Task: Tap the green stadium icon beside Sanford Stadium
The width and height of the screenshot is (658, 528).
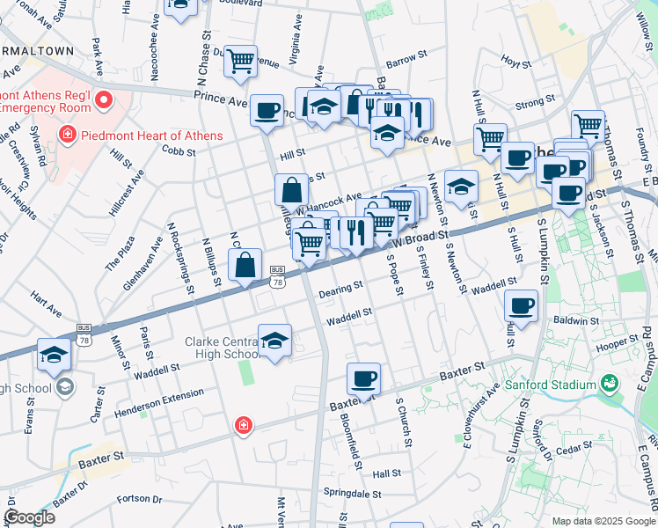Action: coord(607,384)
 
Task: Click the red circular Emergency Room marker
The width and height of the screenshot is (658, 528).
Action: coord(105,99)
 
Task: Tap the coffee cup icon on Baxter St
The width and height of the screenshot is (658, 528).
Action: coord(363,379)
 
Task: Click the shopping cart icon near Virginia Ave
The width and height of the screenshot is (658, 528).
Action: coord(239,62)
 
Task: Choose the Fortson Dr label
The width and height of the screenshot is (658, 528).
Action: coord(131,499)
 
